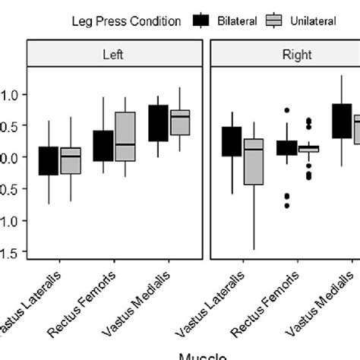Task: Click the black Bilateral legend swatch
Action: (201, 21)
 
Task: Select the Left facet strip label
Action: (115, 54)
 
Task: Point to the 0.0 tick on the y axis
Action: (11, 157)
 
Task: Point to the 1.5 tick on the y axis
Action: (11, 252)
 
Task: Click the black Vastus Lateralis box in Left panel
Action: (48, 161)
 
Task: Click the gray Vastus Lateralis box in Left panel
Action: (71, 160)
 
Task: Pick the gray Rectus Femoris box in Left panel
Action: (125, 137)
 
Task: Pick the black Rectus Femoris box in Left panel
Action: (103, 146)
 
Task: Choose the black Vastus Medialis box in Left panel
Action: (158, 123)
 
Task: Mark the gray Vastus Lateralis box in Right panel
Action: (254, 161)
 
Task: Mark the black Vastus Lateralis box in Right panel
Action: (232, 141)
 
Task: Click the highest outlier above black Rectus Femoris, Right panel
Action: (286, 110)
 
